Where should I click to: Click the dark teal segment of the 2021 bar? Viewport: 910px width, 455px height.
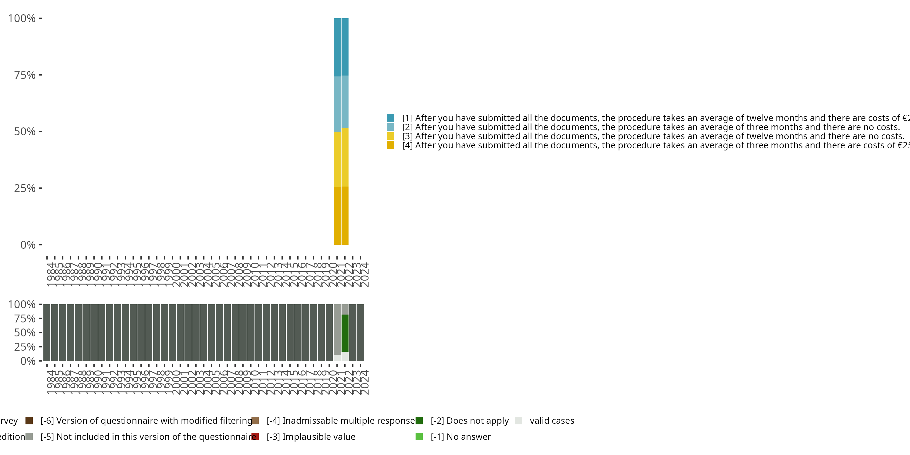pos(337,47)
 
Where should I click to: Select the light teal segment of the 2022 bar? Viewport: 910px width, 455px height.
pos(345,102)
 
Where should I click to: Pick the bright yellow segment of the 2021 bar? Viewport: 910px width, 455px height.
pos(337,159)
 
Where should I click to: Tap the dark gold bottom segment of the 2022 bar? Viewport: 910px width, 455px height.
pos(345,215)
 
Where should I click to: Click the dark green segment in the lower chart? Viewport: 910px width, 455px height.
pos(345,333)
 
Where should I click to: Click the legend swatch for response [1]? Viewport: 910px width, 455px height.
pos(390,118)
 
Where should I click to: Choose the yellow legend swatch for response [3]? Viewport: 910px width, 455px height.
pos(390,136)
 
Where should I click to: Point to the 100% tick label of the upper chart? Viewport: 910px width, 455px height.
pos(22,19)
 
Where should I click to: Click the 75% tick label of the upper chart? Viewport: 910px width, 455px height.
pos(25,75)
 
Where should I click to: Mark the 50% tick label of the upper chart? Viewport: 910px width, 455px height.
pos(25,131)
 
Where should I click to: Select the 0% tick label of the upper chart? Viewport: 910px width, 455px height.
pos(28,245)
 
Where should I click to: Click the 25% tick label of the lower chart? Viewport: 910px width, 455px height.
pos(25,346)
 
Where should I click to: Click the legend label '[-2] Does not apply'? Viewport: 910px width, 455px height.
pos(470,420)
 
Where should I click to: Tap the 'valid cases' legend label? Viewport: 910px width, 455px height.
pos(552,420)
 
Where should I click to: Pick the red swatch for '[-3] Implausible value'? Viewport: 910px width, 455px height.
pos(255,436)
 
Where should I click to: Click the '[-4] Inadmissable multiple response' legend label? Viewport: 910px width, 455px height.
pos(341,420)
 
